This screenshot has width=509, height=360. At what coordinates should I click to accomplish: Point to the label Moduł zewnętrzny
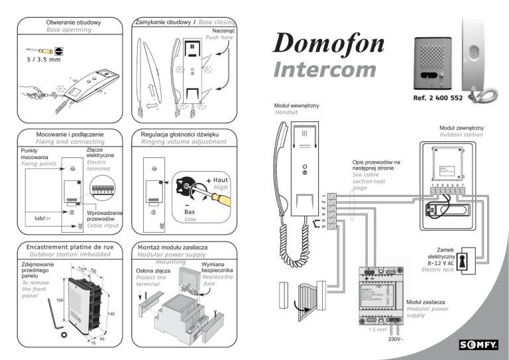click(x=461, y=127)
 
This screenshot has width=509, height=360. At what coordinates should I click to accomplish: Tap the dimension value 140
click(x=111, y=312)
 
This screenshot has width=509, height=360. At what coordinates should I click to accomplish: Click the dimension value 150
click(x=59, y=300)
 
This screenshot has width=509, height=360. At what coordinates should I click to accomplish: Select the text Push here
click(x=219, y=38)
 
